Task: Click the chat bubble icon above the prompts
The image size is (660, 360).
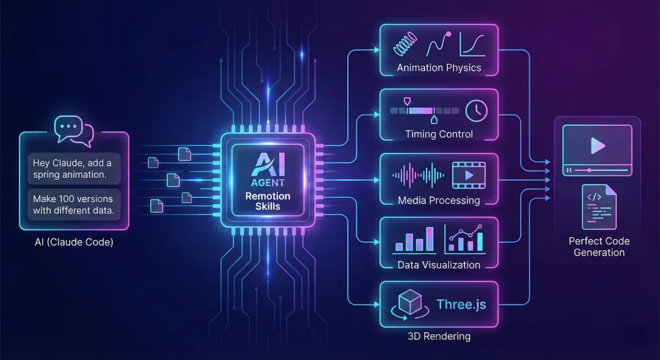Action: point(73,130)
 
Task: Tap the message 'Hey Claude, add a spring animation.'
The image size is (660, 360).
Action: point(73,169)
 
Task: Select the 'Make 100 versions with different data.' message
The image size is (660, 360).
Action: point(73,205)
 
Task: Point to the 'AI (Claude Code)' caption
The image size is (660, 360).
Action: point(75,242)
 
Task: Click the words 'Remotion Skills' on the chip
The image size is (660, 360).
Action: point(268,201)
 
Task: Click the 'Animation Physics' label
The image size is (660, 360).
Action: point(439,68)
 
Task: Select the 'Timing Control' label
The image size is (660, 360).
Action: point(439,134)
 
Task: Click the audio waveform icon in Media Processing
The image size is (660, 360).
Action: point(416,175)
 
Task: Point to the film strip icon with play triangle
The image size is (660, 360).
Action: point(468,175)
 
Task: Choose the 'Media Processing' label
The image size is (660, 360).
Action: point(439,200)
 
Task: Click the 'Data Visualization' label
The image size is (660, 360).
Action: point(439,265)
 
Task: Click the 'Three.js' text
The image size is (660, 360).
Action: point(461,304)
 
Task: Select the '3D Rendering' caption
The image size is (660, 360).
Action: point(439,336)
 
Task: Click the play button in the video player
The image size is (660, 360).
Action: point(597,145)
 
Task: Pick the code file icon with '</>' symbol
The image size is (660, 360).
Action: point(599,207)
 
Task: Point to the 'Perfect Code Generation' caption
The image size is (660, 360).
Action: point(599,246)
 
